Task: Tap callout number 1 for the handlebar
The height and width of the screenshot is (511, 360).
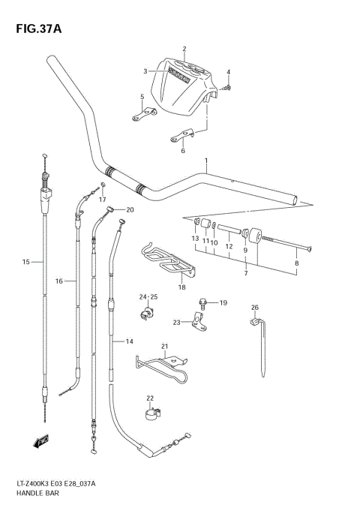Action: pos(205,161)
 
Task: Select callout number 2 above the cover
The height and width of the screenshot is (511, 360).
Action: pos(184,50)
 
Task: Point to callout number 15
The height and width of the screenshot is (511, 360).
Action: pos(26,262)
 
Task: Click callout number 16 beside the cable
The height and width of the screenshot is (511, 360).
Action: pos(59,281)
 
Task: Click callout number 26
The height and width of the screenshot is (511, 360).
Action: pos(254,308)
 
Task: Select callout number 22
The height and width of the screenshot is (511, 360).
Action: pos(150,398)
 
